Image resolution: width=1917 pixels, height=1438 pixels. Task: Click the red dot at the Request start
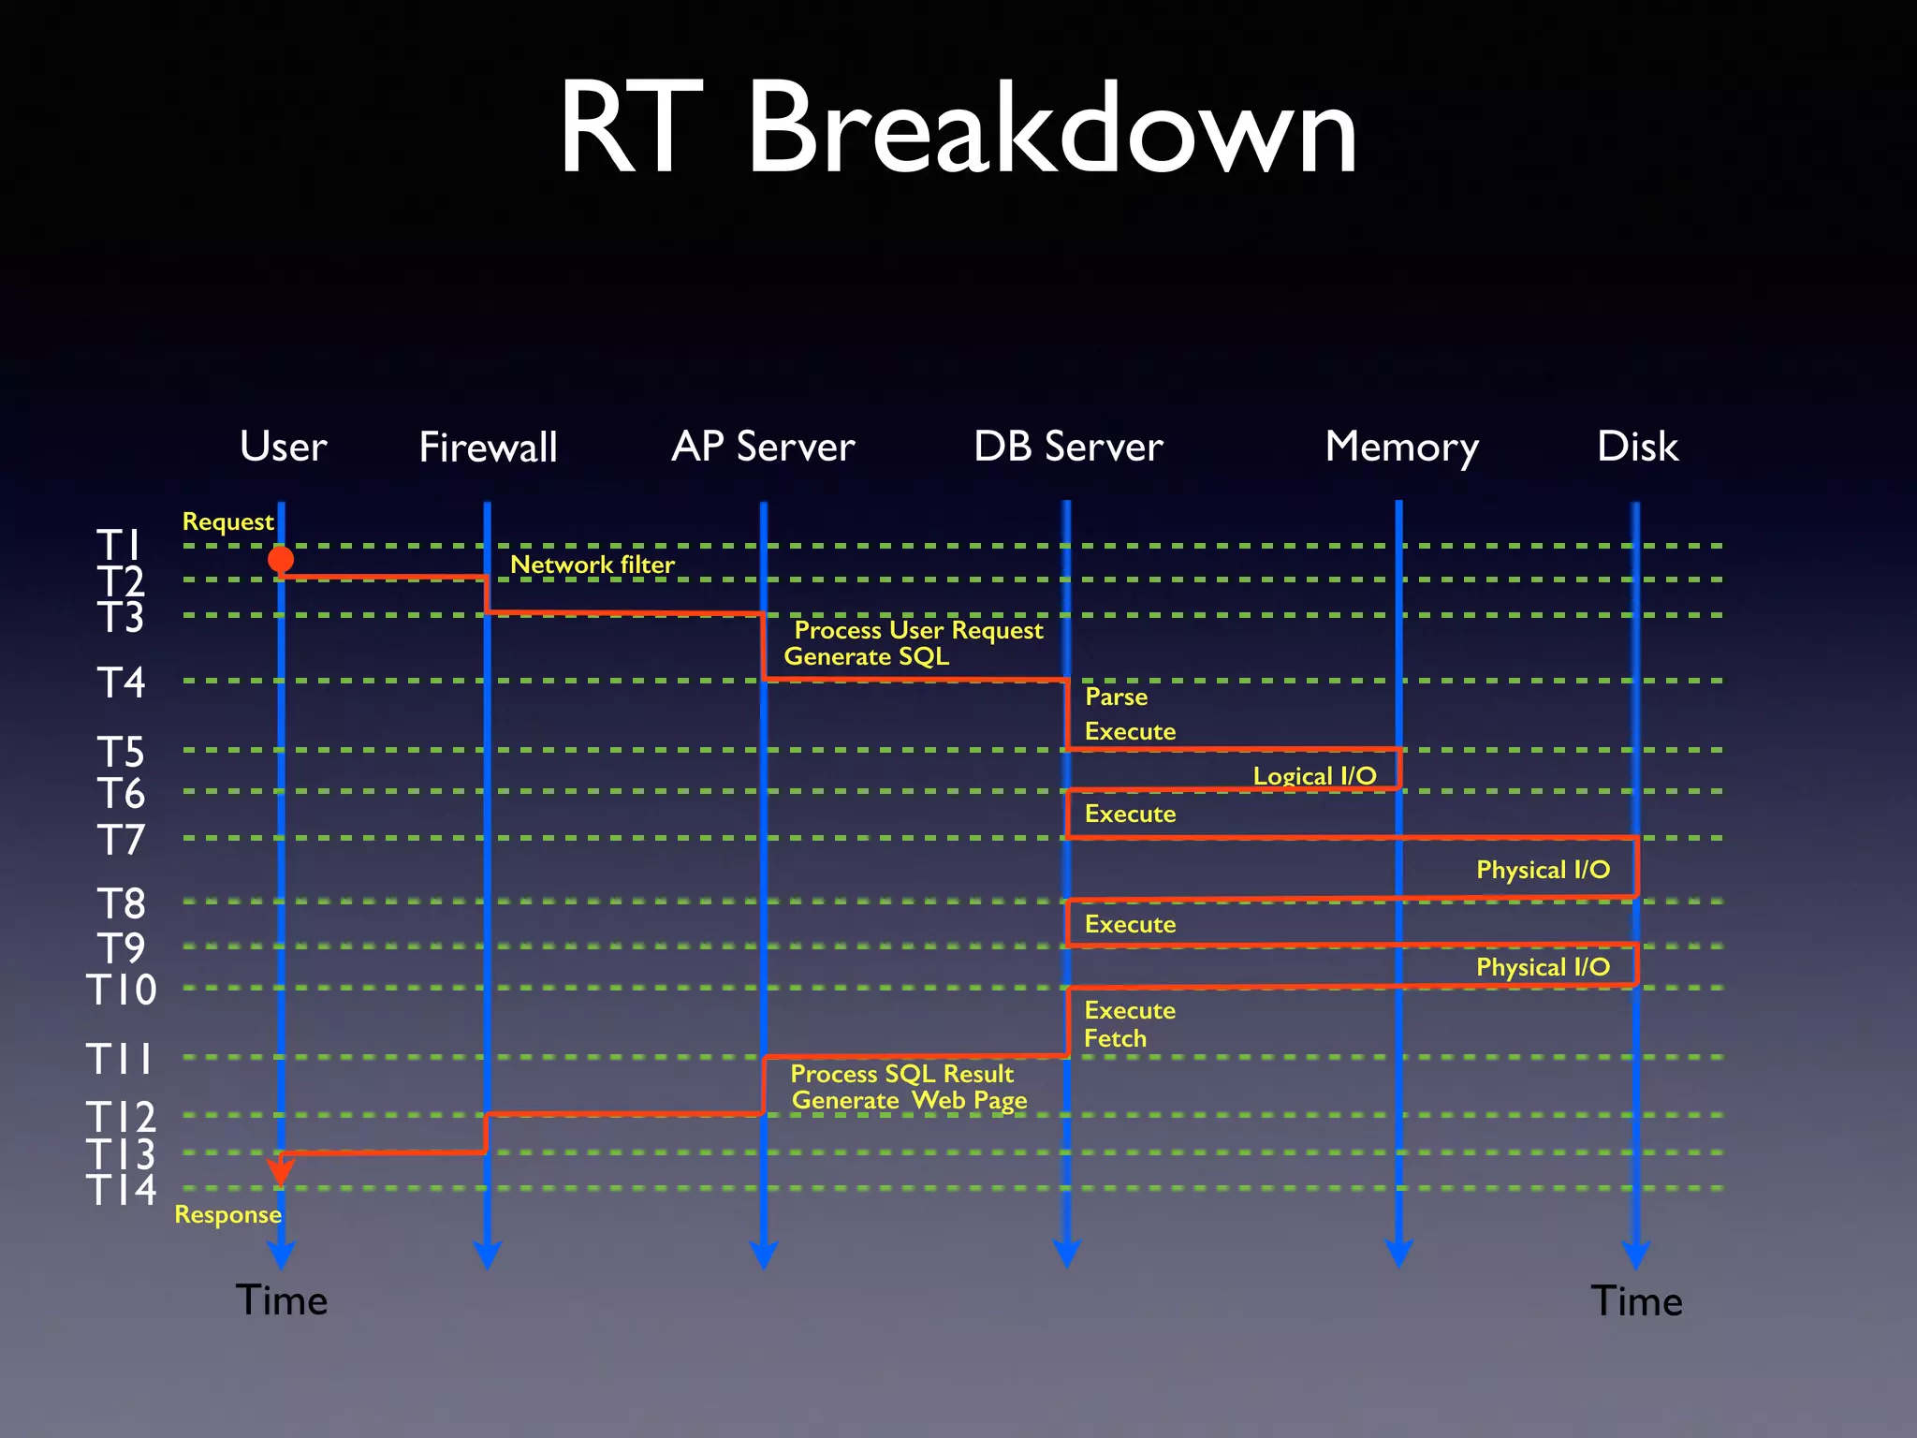coord(281,560)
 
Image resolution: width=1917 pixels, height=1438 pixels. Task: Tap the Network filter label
coord(592,565)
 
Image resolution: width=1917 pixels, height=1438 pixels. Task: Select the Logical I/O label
coord(1314,776)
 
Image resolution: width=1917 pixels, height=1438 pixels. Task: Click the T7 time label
coord(122,840)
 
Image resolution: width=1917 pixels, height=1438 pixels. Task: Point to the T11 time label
coord(120,1059)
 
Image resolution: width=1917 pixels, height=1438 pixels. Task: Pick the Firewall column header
coord(488,447)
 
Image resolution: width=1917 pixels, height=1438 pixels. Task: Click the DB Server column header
coord(1068,447)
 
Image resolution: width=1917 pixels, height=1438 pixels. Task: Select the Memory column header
coord(1401,448)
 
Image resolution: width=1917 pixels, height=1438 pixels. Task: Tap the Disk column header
coord(1637,447)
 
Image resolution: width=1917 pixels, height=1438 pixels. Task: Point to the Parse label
coord(1116,697)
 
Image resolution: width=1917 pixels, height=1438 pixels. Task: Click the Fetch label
coord(1115,1038)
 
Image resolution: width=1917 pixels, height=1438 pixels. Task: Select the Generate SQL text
coord(866,656)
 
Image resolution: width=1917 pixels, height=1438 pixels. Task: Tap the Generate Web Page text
coord(909,1100)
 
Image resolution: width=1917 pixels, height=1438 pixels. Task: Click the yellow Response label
coord(227,1214)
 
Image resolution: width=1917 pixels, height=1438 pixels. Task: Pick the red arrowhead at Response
coord(281,1170)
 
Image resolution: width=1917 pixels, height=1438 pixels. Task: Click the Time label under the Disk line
coord(1636,1301)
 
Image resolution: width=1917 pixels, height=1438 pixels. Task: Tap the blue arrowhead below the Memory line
coord(1398,1254)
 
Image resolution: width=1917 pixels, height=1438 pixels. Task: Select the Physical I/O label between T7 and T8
coord(1543,870)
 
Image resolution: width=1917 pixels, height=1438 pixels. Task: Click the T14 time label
coord(122,1189)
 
